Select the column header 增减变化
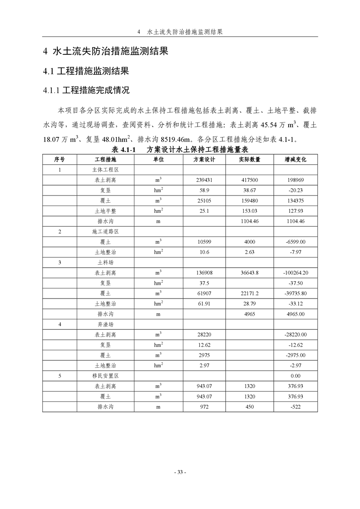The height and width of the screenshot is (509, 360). click(x=295, y=160)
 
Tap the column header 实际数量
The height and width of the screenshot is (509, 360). click(x=250, y=160)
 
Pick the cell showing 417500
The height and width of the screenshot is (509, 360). click(x=250, y=180)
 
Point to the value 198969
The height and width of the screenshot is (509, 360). click(x=295, y=180)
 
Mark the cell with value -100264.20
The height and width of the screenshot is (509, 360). click(x=295, y=273)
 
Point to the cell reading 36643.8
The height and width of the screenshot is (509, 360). click(x=250, y=273)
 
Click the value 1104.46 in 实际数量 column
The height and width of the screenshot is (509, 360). click(x=250, y=221)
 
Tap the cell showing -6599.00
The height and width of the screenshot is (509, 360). click(x=295, y=242)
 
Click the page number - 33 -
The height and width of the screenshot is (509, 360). click(x=180, y=472)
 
